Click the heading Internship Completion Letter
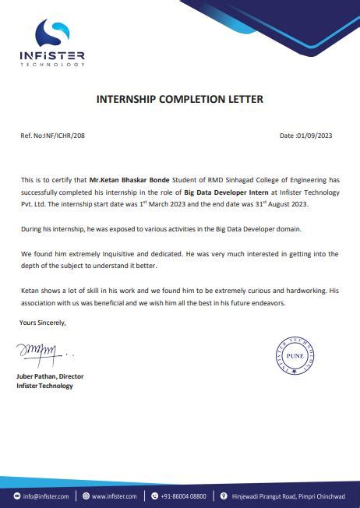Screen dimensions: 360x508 click(179, 99)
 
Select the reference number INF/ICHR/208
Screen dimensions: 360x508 click(65, 136)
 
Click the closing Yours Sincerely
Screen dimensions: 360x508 click(44, 322)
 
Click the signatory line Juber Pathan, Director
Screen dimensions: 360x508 click(50, 376)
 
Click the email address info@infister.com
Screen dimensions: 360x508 click(46, 496)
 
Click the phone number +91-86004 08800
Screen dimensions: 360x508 click(184, 496)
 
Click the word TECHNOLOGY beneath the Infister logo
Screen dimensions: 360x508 click(53, 65)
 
